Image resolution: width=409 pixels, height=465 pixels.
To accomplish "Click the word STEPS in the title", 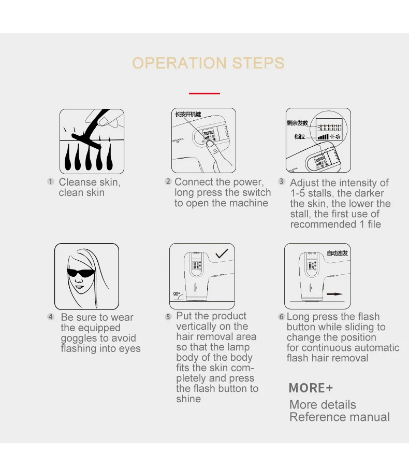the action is [x=258, y=63].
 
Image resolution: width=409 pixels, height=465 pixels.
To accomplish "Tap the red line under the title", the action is [x=204, y=93].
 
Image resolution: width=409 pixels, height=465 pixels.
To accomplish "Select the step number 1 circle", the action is [x=51, y=181].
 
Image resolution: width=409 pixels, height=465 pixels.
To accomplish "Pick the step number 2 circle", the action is [x=168, y=181].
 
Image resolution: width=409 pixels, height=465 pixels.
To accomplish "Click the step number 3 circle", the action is [x=281, y=181].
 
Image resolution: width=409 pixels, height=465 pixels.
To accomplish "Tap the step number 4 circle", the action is [x=51, y=317].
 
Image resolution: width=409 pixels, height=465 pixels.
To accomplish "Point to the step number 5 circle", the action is [x=168, y=316].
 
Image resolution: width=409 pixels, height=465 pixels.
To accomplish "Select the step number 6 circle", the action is [x=281, y=316].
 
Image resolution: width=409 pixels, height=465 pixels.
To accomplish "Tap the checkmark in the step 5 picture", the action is [x=222, y=253].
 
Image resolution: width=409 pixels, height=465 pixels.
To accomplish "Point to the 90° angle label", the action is [x=177, y=294].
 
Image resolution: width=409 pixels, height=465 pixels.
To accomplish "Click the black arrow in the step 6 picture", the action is [x=334, y=294].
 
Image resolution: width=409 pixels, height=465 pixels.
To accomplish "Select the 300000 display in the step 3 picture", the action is [x=329, y=128].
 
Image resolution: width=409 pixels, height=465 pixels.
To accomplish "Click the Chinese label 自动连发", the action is [x=337, y=253].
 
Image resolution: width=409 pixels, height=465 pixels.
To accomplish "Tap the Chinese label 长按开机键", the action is [x=188, y=114].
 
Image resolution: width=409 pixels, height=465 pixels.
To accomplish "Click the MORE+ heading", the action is [x=311, y=388].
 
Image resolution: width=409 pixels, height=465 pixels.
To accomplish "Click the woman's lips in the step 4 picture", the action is [x=79, y=287].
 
